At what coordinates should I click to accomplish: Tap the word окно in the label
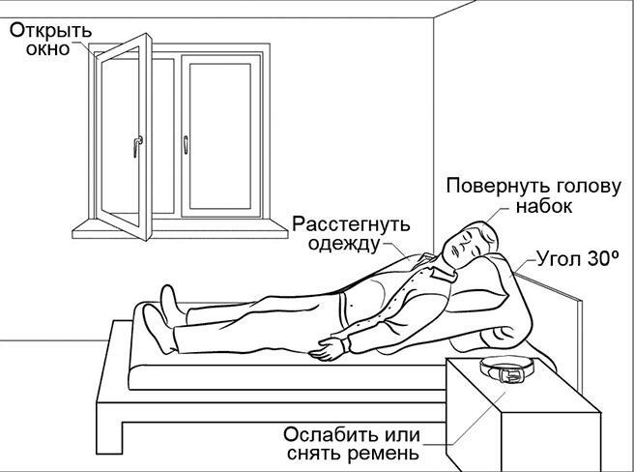47,49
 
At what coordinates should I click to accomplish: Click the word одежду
344,245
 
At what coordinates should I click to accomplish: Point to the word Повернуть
498,187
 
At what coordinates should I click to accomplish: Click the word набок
544,206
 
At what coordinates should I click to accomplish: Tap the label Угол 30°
578,259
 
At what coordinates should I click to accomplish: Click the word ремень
383,454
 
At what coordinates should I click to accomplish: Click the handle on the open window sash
136,146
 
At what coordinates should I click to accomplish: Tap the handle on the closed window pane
186,145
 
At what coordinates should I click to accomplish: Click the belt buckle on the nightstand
510,375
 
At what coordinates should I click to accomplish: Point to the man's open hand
328,348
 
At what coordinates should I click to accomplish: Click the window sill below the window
180,230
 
